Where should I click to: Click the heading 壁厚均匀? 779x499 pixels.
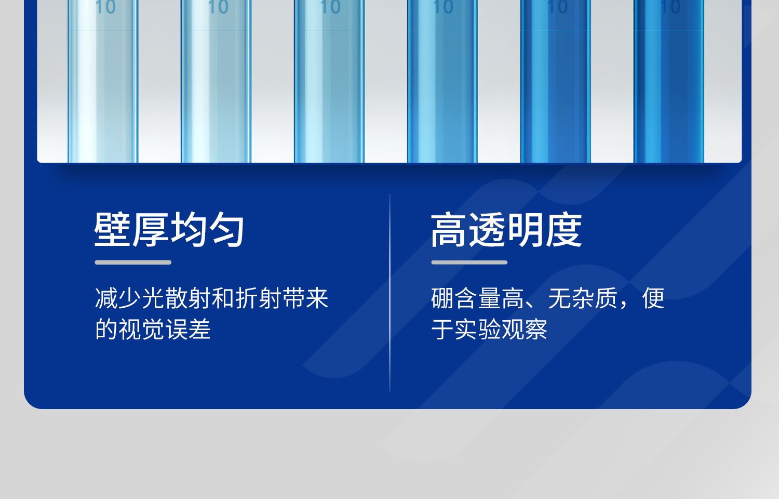169,229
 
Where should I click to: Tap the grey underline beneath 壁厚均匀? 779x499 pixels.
133,262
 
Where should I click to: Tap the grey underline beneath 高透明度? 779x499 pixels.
469,262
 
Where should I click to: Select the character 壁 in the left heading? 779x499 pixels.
113,229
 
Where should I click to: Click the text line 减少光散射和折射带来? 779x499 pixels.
211,298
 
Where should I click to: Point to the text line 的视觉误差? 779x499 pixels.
153,330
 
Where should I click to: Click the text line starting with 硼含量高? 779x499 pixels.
547,298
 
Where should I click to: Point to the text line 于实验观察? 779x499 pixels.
489,330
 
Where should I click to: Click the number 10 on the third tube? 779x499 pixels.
330,8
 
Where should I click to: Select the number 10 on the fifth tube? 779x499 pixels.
557,8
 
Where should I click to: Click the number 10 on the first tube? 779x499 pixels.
105,8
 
